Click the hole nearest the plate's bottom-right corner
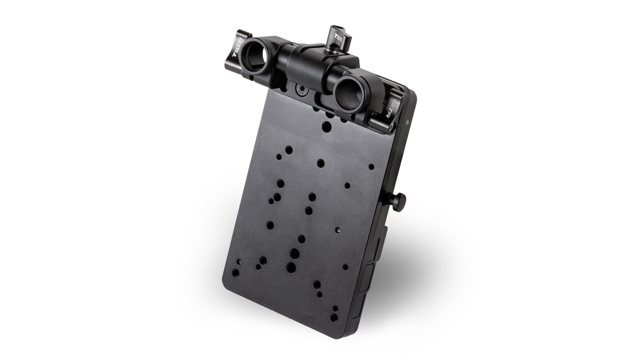[x=334, y=317]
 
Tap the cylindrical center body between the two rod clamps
[x=308, y=66]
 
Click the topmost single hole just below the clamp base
[x=327, y=126]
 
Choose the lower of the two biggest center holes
[x=291, y=267]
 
